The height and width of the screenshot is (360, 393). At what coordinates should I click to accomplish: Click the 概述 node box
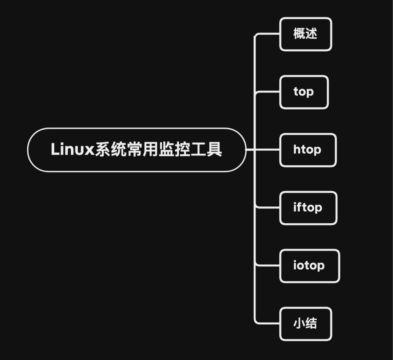click(305, 34)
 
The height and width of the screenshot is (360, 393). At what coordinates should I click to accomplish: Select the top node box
click(303, 92)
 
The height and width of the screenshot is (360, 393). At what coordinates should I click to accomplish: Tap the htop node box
click(307, 150)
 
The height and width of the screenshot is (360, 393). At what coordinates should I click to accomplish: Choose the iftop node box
click(308, 207)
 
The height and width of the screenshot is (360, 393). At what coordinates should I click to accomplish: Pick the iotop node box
click(309, 266)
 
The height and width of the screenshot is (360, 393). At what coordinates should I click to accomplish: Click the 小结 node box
click(305, 324)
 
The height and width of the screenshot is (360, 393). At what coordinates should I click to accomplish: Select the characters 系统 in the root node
click(111, 149)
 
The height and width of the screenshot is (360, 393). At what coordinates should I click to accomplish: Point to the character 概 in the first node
click(299, 33)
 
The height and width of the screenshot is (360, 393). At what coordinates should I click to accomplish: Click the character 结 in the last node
click(311, 323)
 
